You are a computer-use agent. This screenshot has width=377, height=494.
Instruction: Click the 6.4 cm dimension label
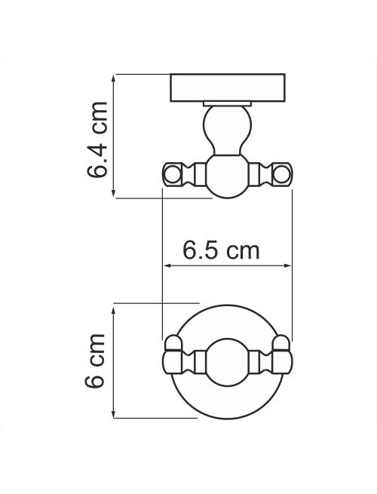(x=97, y=140)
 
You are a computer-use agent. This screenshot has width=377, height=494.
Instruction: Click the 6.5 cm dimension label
(x=222, y=251)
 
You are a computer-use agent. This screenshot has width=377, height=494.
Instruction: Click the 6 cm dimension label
(x=94, y=361)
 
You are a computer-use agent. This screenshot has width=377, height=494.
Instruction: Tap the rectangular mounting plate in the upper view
(x=228, y=88)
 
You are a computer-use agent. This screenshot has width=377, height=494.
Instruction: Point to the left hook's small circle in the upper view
(x=172, y=174)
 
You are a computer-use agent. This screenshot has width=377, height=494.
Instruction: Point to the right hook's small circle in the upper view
(x=281, y=174)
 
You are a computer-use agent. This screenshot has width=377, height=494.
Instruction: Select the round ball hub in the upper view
(x=228, y=176)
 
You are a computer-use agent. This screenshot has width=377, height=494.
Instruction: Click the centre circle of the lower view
(x=228, y=362)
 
